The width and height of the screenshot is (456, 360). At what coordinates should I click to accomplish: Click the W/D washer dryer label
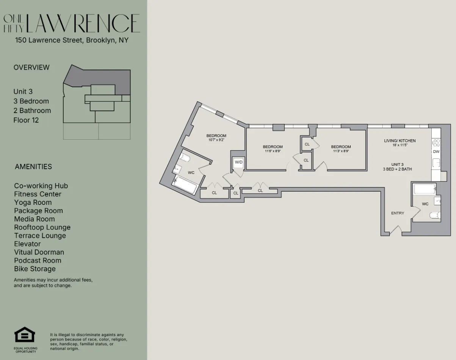[x=238, y=162]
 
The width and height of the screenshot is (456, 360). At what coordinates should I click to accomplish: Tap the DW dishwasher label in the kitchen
[x=436, y=152]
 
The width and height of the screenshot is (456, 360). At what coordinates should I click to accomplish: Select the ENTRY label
[x=397, y=213]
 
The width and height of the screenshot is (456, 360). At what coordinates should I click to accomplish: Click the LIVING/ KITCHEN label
[x=400, y=141]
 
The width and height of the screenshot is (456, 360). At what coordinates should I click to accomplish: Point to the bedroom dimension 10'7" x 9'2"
[x=216, y=140]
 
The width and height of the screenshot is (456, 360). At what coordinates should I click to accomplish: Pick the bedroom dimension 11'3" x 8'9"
[x=340, y=151]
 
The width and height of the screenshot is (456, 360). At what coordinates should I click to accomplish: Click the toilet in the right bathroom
[x=434, y=215]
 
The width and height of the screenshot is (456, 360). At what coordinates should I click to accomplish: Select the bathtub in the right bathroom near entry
[x=424, y=189]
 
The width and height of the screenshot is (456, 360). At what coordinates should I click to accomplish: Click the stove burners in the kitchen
[x=436, y=143]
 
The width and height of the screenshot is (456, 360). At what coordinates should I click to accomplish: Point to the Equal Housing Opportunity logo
[x=25, y=335]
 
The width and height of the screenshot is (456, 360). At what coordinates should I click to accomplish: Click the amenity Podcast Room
[x=38, y=261]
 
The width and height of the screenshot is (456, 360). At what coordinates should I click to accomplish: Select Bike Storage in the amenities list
[x=35, y=269]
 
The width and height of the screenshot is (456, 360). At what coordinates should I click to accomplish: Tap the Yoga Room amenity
[x=33, y=202]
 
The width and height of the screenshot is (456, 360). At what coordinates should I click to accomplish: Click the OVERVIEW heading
[x=31, y=68]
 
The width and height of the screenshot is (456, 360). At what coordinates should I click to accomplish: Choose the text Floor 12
[x=26, y=120]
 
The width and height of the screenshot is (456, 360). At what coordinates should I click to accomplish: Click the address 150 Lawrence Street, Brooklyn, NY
[x=72, y=40]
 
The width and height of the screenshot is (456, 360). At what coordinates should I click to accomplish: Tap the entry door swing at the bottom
[x=395, y=230]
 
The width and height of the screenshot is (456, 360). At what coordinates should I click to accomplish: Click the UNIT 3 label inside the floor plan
[x=397, y=164]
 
